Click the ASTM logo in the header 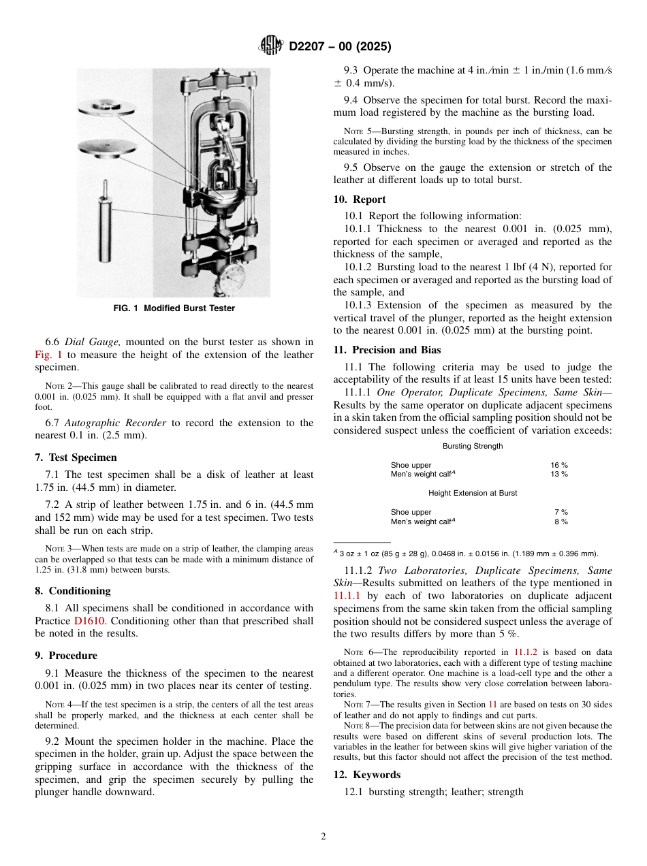pyautogui.click(x=272, y=46)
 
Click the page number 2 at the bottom pyautogui.click(x=323, y=836)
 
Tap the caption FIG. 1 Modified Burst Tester pyautogui.click(x=174, y=308)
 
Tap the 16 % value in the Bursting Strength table pyautogui.click(x=559, y=466)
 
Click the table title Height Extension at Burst pyautogui.click(x=472, y=493)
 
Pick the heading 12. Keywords pyautogui.click(x=366, y=775)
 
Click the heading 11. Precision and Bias pyautogui.click(x=387, y=350)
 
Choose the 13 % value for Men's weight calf pyautogui.click(x=559, y=474)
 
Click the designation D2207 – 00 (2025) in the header pyautogui.click(x=340, y=46)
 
